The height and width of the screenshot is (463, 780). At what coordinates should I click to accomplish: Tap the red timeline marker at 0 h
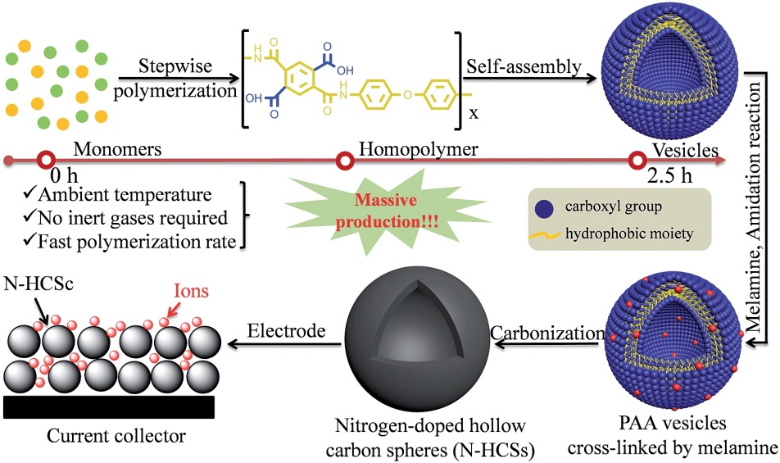coord(48,159)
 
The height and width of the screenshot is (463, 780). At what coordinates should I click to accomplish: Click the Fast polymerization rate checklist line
coord(127,242)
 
